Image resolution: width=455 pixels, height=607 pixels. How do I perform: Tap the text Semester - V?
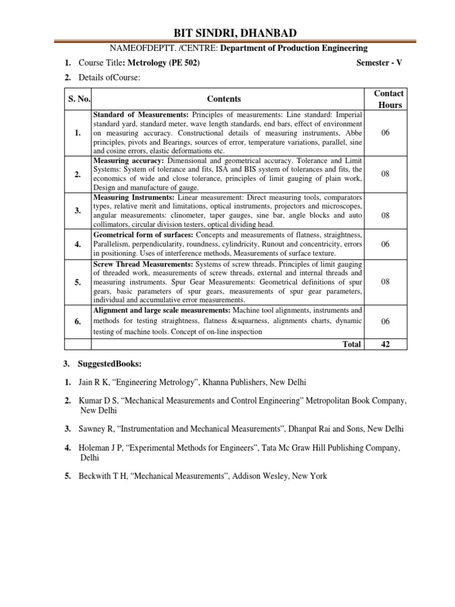[x=379, y=63]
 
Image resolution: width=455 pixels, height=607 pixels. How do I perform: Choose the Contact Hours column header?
[x=389, y=99]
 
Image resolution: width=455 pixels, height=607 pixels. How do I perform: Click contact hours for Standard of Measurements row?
[x=386, y=133]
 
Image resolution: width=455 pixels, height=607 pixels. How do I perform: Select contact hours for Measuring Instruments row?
[x=386, y=216]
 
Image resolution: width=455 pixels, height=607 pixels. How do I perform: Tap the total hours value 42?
[x=385, y=344]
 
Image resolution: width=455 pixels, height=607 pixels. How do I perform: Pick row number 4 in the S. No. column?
[x=77, y=244]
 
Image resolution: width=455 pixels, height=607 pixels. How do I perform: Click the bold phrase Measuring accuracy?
[x=129, y=161]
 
